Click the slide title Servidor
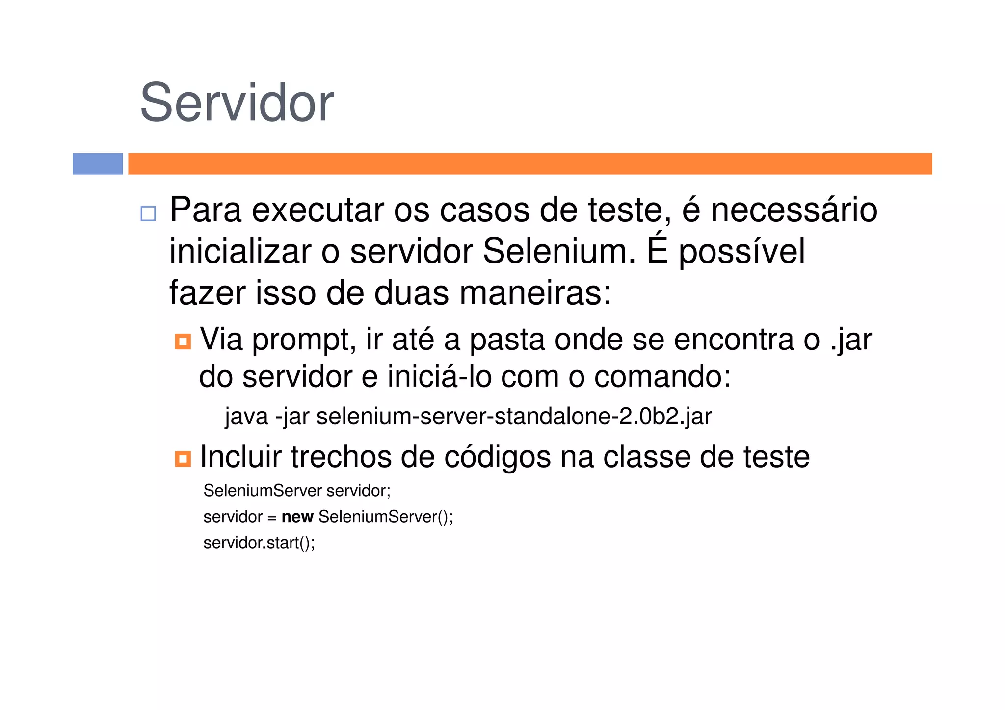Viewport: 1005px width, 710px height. click(237, 103)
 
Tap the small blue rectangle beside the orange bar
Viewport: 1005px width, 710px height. click(98, 163)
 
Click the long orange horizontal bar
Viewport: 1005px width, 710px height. click(530, 163)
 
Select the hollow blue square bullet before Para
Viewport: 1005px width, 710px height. click(148, 213)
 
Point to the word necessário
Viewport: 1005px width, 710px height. click(793, 210)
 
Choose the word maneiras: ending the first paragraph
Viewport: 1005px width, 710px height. click(535, 293)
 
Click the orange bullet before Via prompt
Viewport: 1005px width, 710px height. click(183, 341)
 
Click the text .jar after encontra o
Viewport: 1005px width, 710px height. click(851, 340)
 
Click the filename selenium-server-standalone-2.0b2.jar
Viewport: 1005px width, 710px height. click(514, 417)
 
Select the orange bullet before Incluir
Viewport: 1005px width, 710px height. click(183, 459)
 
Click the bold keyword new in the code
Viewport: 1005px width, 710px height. click(297, 517)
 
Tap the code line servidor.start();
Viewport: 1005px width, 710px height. click(259, 543)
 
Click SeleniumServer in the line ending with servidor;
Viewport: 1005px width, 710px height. click(263, 491)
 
